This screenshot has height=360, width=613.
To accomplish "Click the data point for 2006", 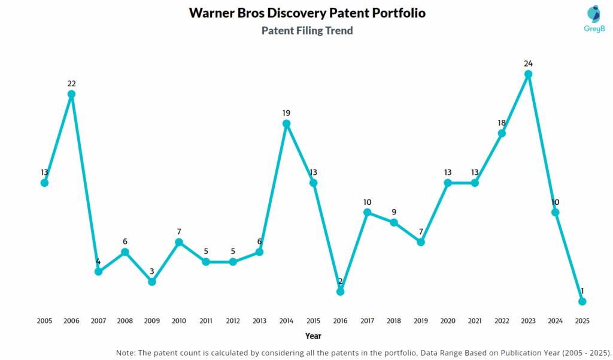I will [71, 94].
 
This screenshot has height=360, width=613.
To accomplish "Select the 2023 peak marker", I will [529, 74].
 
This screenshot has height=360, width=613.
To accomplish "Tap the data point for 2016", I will [340, 292].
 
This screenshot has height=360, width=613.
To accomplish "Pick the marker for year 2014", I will [286, 123].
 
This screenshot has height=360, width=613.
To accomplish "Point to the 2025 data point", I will [582, 301].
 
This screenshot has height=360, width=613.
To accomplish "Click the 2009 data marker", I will [152, 282].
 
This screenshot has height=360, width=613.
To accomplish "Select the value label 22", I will [71, 83].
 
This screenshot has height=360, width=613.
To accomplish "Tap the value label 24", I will [528, 63].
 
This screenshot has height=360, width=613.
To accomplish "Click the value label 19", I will [286, 113].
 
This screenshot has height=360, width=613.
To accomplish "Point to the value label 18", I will [502, 123].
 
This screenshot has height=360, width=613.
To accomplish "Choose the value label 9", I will [394, 211].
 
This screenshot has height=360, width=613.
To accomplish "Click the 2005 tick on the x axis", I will [44, 321].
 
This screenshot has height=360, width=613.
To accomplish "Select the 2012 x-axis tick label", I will [233, 321].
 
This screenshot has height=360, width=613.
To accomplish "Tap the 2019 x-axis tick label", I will [421, 321].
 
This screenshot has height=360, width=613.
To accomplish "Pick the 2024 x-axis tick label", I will [556, 321].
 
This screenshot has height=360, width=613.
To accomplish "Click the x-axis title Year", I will [313, 336].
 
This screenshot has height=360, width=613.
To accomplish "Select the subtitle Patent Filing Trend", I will [307, 31].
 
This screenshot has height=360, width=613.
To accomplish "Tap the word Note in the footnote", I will [126, 352].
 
